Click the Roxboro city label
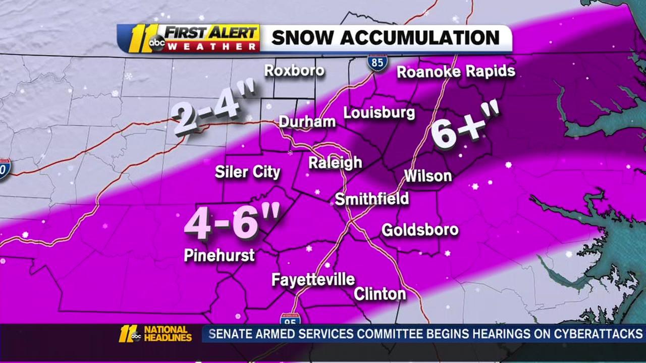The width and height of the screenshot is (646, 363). coord(294,70)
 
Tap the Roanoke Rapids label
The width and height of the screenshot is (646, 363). coord(456,72)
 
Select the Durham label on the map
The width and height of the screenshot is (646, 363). coord(307,122)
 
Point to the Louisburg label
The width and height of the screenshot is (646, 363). coord(379,112)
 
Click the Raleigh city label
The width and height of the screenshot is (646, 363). coord(335,163)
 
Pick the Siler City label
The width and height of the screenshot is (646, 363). coord(247,172)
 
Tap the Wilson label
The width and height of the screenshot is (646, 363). coord(427,176)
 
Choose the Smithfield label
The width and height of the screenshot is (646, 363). coord(372,199)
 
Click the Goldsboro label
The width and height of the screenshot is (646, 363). coord(420,230)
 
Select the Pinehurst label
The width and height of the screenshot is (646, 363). coord(219,256)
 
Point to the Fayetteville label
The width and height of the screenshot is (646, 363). coord(313,280)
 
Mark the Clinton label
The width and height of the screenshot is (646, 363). coord(380,293)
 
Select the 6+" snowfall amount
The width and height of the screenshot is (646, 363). coord(464,126)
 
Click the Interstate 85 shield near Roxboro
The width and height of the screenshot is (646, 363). coord(378,63)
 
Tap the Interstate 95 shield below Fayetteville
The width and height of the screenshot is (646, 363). coord(290,319)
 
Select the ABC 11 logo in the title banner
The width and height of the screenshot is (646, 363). coord(139,39)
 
